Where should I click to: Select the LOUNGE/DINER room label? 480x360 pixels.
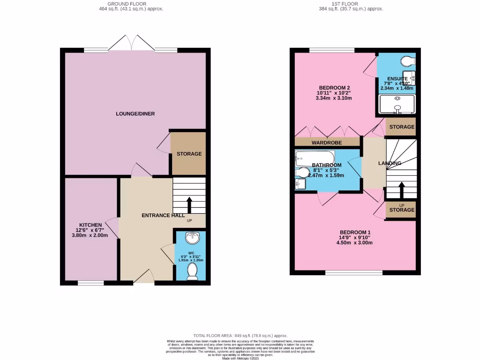pos(135,113)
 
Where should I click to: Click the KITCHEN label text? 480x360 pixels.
pos(90,225)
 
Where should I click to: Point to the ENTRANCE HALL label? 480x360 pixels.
pos(163,215)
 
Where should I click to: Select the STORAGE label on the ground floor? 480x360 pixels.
pos(189,154)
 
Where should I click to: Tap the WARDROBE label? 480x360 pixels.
pos(326,142)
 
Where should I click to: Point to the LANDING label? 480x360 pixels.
pos(390,163)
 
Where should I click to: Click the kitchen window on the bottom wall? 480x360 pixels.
pos(90,283)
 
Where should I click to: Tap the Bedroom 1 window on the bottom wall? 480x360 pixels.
pos(354,272)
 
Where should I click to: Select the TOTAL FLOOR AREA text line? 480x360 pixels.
pos(240,336)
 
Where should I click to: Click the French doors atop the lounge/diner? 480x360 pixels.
pos(132,44)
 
